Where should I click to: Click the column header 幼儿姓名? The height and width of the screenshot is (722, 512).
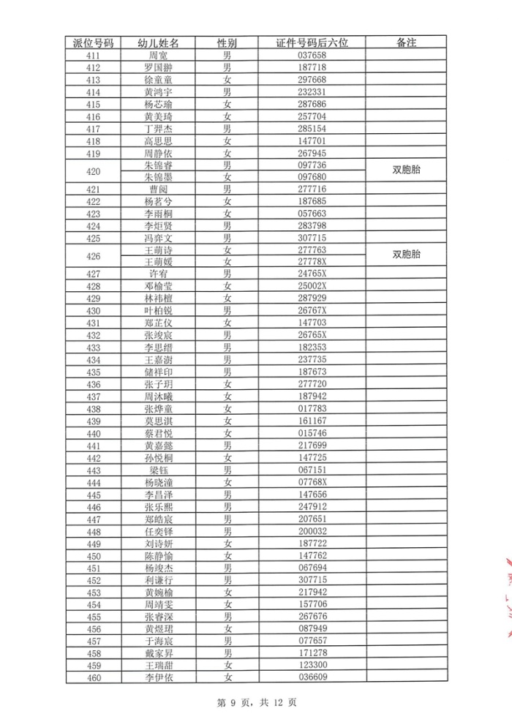158,42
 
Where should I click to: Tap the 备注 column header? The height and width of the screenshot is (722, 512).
406,42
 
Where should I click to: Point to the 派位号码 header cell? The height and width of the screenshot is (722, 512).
93,42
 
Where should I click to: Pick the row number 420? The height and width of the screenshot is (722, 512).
93,172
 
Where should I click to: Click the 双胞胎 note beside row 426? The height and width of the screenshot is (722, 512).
406,255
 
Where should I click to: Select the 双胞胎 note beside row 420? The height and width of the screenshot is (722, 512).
406,171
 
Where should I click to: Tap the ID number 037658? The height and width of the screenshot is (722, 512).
312,56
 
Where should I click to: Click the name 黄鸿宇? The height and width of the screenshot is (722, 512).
158,92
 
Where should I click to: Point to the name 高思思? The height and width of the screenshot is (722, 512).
158,141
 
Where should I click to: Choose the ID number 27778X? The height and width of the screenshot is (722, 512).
312,262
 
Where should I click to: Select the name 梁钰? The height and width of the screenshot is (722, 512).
158,470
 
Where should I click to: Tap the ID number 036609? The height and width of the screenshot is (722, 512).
312,677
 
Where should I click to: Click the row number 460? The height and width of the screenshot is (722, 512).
93,677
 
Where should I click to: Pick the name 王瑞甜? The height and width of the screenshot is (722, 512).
158,665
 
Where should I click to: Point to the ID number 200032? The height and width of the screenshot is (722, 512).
312,531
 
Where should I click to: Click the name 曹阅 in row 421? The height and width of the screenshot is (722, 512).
158,189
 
